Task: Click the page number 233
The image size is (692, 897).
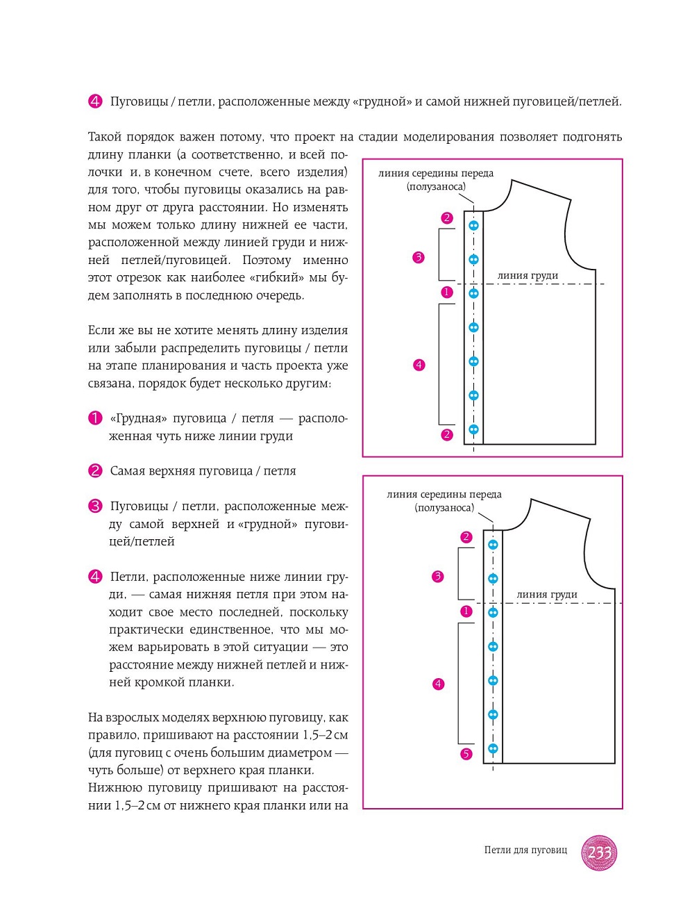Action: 598,852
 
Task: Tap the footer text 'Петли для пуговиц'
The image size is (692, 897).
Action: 525,850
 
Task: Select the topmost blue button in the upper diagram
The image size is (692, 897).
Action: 473,226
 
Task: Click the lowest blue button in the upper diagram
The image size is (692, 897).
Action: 473,429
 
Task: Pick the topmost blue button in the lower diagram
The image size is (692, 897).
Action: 493,545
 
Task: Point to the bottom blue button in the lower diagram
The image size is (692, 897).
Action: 493,748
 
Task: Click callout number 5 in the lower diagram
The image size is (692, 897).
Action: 466,754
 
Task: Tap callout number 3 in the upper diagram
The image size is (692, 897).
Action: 418,258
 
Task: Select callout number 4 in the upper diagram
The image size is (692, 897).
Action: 419,365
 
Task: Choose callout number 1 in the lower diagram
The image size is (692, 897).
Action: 466,611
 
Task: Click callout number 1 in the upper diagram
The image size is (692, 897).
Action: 447,293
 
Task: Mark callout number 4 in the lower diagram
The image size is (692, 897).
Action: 438,684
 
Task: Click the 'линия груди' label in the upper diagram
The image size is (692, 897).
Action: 528,276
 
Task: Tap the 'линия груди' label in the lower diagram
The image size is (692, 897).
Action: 547,595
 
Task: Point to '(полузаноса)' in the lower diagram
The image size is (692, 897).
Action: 445,508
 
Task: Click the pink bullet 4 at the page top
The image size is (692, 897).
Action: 95,101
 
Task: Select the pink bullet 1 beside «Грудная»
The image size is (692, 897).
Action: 95,418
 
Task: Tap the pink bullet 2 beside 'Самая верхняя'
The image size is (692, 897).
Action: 95,471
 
